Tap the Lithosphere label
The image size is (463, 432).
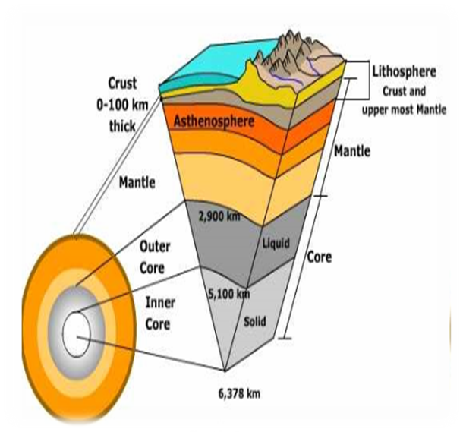pyautogui.click(x=404, y=72)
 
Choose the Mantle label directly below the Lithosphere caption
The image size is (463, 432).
pyautogui.click(x=352, y=152)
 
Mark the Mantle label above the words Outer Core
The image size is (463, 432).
pyautogui.click(x=137, y=183)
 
